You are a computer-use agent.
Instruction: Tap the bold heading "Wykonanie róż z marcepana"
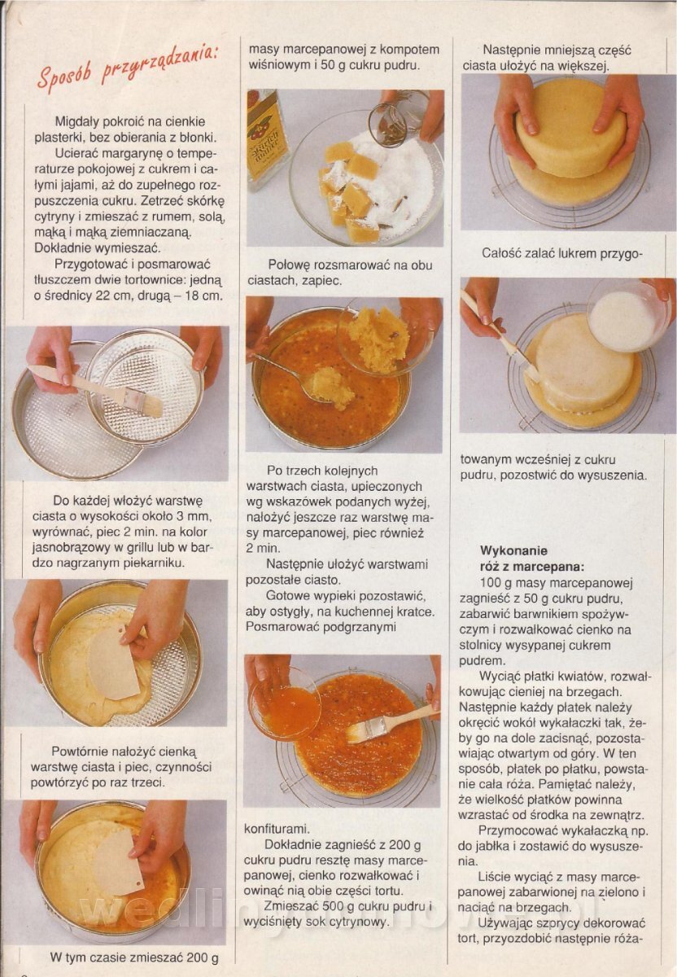(x=531, y=559)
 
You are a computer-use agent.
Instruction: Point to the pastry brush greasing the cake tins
(x=95, y=388)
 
